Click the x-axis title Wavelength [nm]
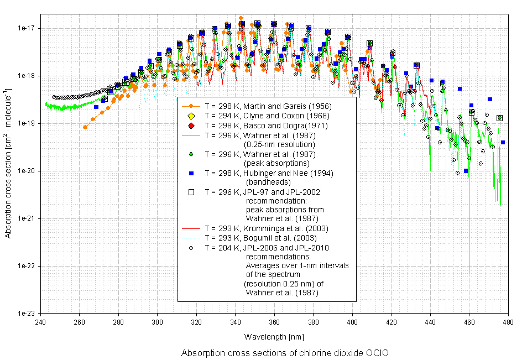pos(274,336)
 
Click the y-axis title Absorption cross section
pos(8,164)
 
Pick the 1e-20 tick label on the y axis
pos(26,171)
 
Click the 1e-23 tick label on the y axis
pos(26,313)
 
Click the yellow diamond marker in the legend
pos(191,116)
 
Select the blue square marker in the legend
pos(191,174)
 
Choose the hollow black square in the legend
pos(191,192)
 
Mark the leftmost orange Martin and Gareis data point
pos(85,127)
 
